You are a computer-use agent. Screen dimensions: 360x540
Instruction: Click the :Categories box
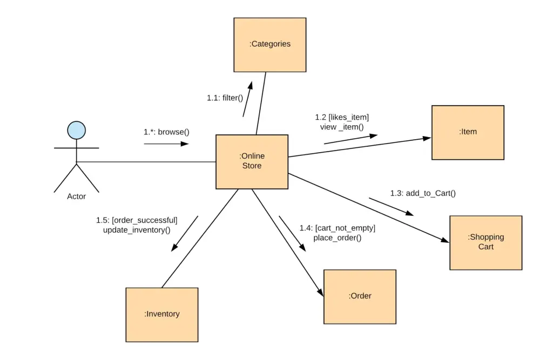coord(269,45)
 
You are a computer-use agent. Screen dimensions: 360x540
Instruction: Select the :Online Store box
coord(252,161)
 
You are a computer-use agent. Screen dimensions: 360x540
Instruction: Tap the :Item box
coord(468,132)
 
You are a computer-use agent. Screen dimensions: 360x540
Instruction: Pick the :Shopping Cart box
coord(485,242)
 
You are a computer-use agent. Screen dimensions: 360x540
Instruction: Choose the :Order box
coord(360,296)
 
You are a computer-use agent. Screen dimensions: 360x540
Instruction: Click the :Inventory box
coord(161,314)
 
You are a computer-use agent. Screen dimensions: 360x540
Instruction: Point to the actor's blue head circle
coord(76,130)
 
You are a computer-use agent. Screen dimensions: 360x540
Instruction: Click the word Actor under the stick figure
coord(76,196)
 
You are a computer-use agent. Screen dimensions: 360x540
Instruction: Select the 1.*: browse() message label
coord(166,132)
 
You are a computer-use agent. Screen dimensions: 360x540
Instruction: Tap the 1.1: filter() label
coord(225,98)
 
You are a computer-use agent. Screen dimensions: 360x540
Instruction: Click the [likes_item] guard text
coord(348,117)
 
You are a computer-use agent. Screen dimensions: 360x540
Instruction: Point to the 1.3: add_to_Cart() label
coord(423,193)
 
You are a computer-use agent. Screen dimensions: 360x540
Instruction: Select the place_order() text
coord(337,237)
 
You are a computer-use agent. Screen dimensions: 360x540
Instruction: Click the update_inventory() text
coord(137,230)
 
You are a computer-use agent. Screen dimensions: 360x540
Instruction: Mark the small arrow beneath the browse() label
coord(166,144)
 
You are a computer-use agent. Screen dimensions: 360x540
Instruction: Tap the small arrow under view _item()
coord(350,139)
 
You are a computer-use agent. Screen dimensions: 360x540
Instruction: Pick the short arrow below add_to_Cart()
coord(391,207)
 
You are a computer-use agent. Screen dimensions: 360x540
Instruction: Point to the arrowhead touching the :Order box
coord(320,292)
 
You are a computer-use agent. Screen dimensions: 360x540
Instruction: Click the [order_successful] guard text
coord(144,220)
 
